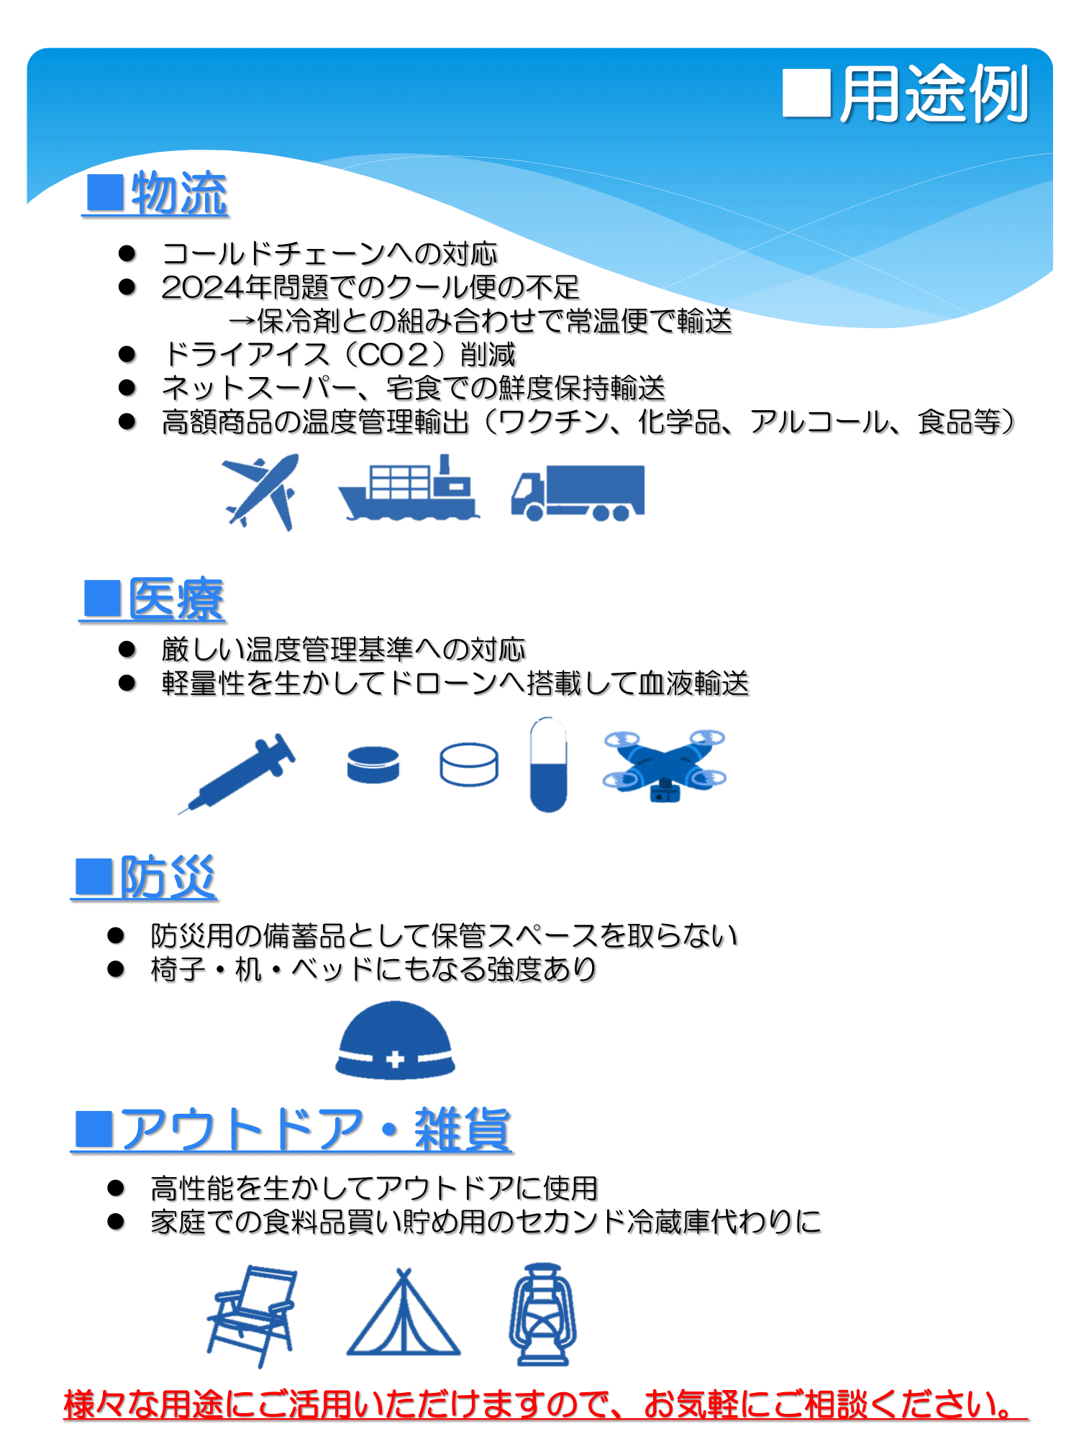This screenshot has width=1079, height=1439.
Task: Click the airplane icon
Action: coord(260,492)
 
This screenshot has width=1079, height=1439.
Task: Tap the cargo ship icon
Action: coord(409,487)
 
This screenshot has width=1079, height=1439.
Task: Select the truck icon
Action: coord(578,493)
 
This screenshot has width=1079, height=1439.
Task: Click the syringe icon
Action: coord(237,773)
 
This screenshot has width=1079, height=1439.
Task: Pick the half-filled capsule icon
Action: coord(548,764)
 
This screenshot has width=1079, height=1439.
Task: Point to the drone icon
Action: coord(665,766)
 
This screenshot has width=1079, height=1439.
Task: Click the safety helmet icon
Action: coord(395,1040)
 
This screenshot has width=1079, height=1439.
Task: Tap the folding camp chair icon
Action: coord(252,1316)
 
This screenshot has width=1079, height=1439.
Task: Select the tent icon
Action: coord(404,1313)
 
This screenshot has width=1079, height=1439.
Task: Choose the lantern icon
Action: coord(543,1314)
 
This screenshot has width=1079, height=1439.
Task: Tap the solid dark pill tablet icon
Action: coord(373,764)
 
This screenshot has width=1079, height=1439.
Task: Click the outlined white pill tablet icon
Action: coord(469,764)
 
